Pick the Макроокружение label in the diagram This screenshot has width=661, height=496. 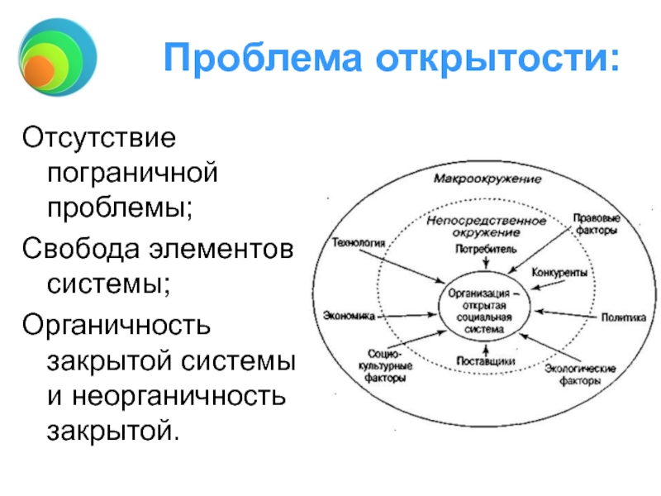click(x=487, y=179)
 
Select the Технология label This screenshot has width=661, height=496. click(x=359, y=243)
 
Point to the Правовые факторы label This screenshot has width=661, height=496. click(x=596, y=225)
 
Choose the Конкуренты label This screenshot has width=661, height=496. click(x=559, y=273)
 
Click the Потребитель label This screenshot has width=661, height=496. click(x=486, y=248)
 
